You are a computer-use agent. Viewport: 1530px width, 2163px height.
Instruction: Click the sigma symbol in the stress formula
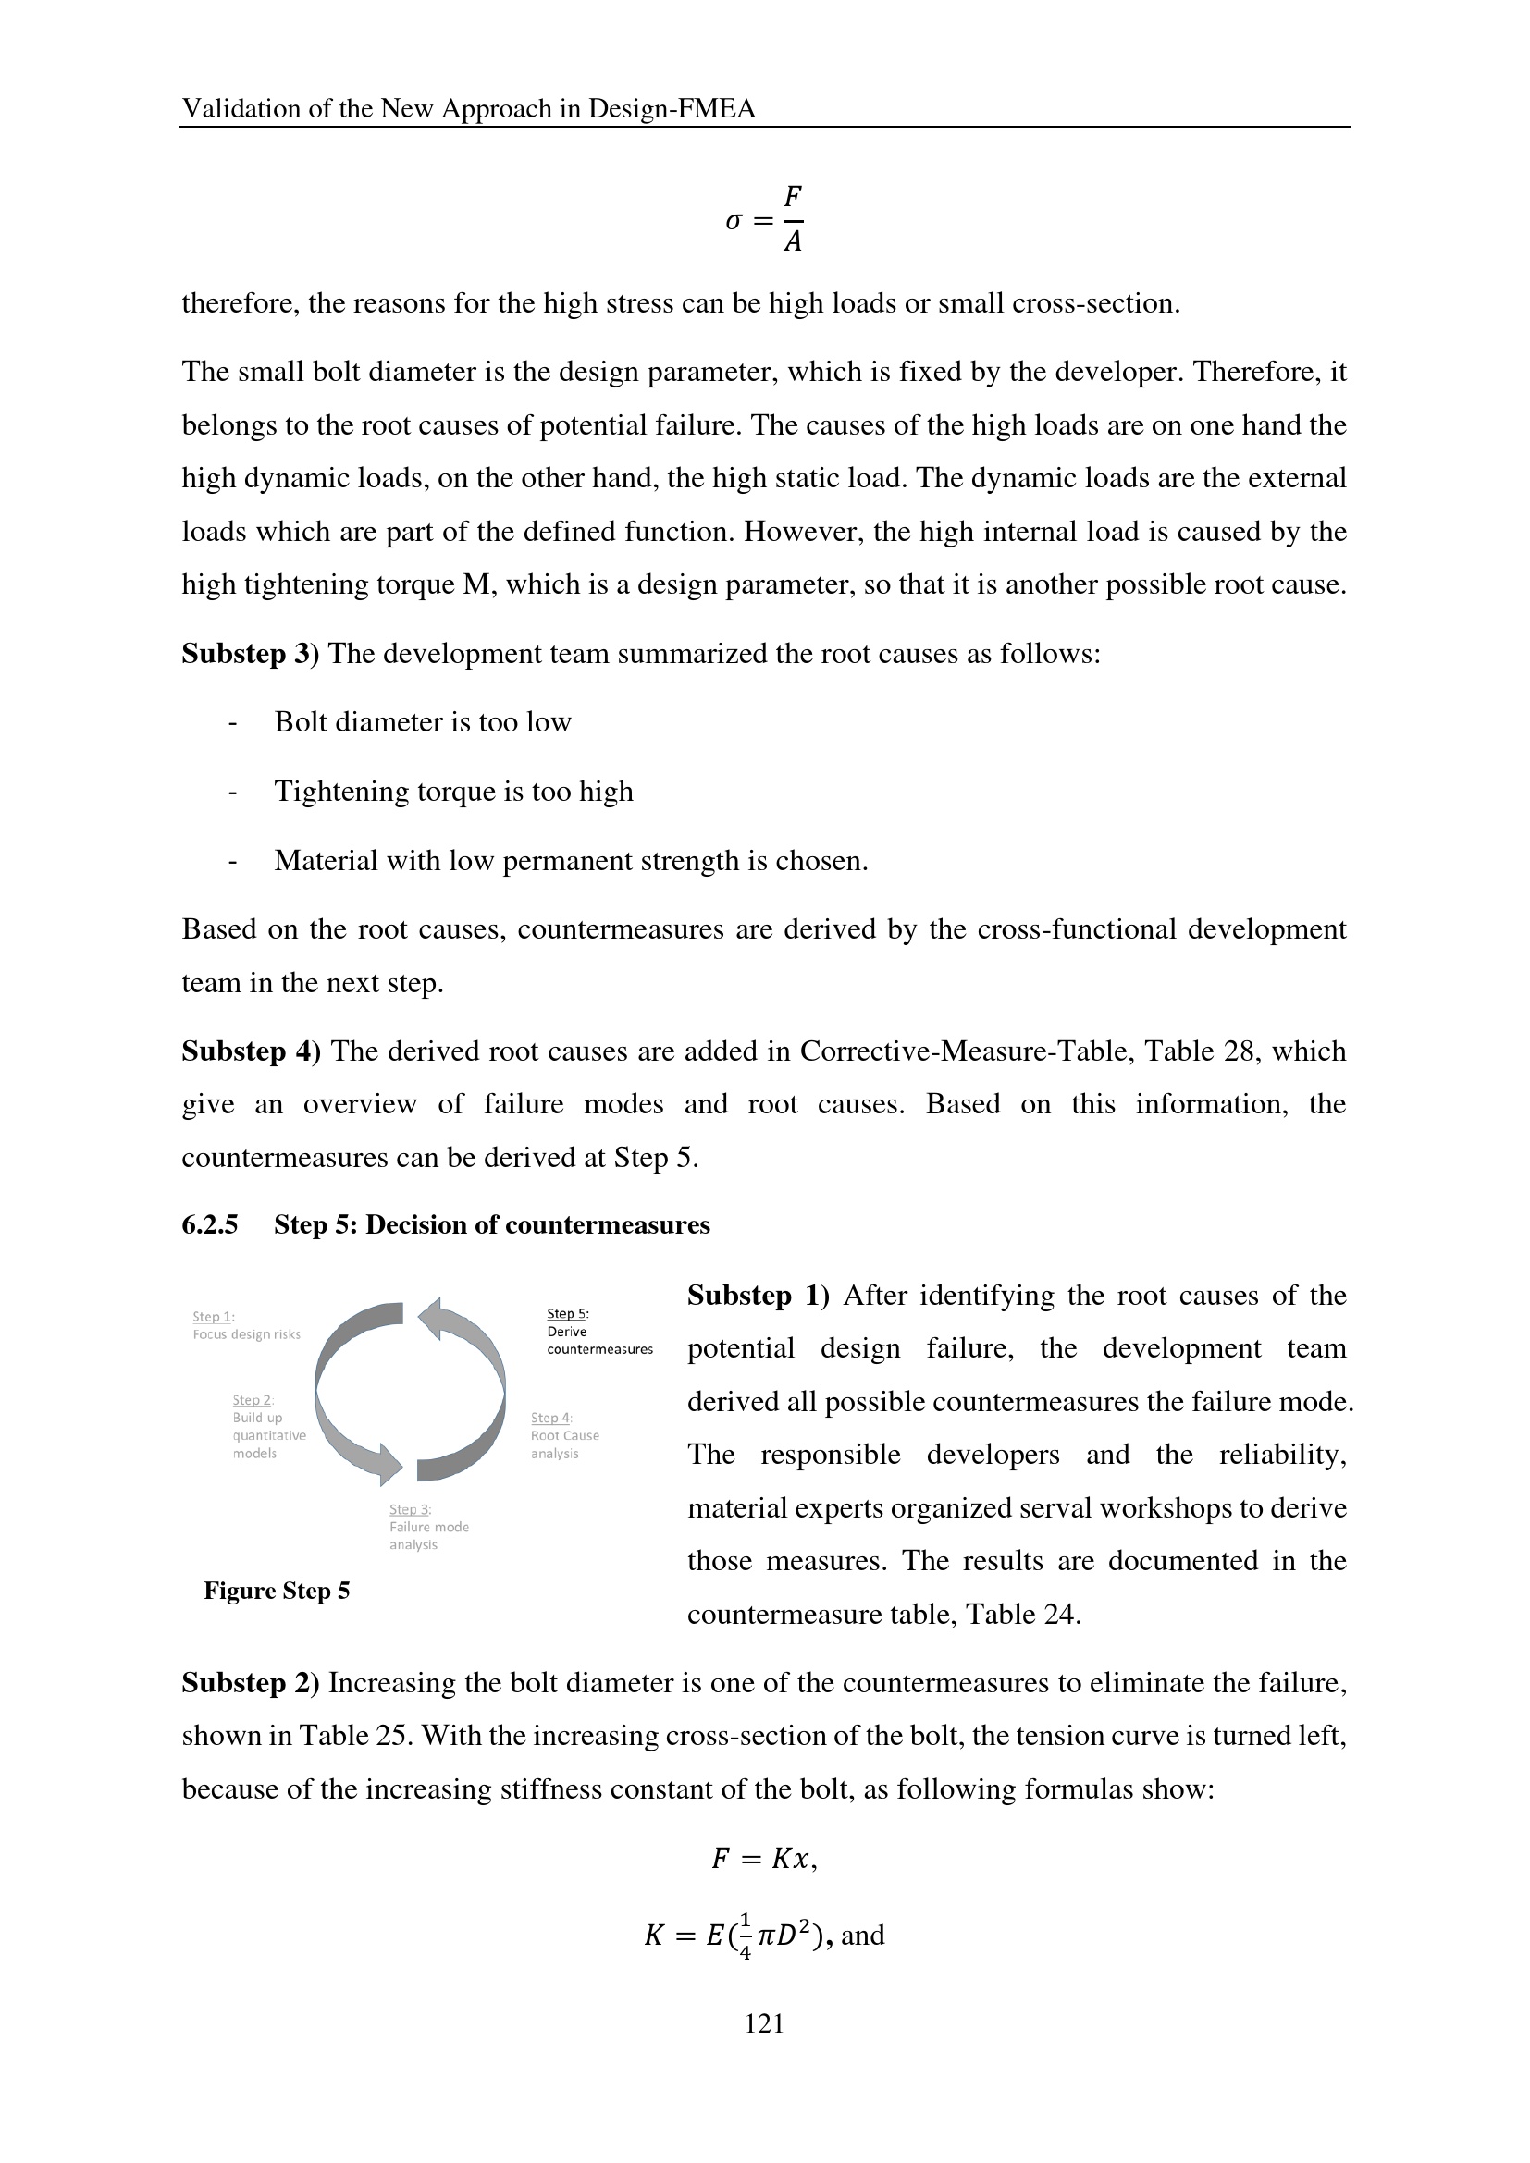pos(734,221)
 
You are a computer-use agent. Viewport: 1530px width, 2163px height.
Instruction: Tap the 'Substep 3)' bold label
pos(251,653)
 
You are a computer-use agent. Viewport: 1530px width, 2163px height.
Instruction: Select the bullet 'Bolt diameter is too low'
pos(422,721)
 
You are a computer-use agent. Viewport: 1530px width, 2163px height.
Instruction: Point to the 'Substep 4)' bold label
pos(251,1051)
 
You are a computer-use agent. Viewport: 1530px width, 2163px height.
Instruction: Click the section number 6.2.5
pos(209,1224)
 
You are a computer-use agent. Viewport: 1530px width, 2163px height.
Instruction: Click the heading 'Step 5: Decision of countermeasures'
pos(492,1224)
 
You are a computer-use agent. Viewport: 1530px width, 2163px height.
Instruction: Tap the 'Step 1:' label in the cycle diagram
pos(213,1316)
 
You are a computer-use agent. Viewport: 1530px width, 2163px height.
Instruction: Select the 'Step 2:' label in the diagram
pos(253,1400)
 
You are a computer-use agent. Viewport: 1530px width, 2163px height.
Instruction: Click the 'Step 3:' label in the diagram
pos(410,1509)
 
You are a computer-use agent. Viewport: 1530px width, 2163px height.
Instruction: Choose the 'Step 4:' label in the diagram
pos(551,1418)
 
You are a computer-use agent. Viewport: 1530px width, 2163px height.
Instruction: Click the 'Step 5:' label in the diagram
pos(567,1313)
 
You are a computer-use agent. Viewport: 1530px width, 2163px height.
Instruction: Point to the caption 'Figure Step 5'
pos(276,1591)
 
